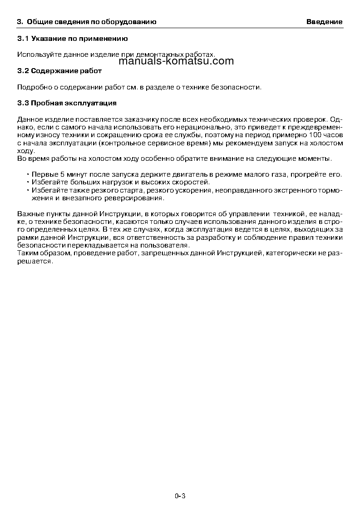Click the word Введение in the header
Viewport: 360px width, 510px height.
(x=324, y=22)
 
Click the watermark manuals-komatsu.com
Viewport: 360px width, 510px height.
(x=175, y=61)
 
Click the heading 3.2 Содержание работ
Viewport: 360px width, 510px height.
(x=59, y=71)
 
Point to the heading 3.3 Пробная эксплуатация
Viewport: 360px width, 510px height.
(x=67, y=103)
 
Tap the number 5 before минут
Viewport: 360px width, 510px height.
(x=62, y=175)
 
